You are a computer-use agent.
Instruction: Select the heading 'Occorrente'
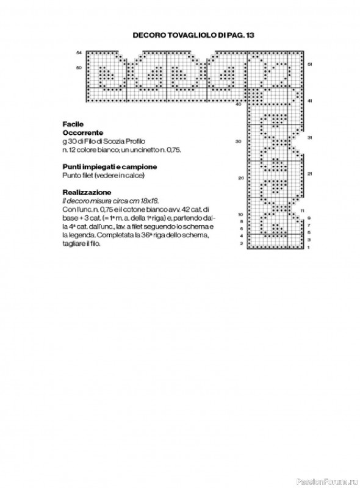(x=82, y=132)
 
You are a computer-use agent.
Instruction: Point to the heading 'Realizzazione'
(x=84, y=192)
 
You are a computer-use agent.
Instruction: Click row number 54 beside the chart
(x=79, y=53)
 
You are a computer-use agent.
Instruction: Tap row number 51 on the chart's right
(x=310, y=64)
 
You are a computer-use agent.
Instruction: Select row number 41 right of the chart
(x=310, y=101)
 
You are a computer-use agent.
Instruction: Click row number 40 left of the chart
(x=239, y=104)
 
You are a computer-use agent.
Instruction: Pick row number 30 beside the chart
(x=239, y=141)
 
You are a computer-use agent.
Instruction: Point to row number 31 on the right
(x=310, y=138)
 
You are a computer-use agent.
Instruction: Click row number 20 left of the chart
(x=240, y=178)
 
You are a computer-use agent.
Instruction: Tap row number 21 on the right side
(x=310, y=174)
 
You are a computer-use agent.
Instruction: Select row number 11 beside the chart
(x=303, y=210)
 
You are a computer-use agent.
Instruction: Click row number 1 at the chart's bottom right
(x=309, y=248)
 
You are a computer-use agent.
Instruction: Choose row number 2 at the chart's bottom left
(x=242, y=243)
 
